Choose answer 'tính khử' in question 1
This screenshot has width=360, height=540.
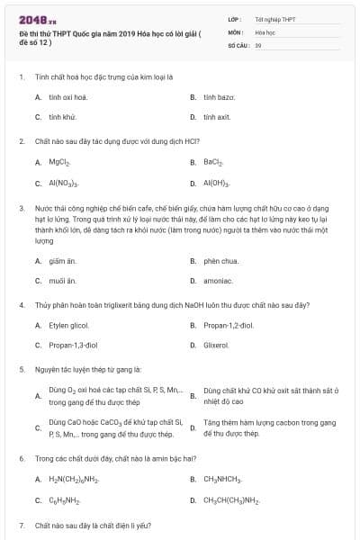[x=62, y=117]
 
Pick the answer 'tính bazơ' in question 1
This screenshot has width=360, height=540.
[x=219, y=95]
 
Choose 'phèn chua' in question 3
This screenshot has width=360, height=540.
[x=220, y=261]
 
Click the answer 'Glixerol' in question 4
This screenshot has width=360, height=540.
[x=216, y=345]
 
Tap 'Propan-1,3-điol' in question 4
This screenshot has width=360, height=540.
[x=73, y=345]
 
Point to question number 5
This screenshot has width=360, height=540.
[x=21, y=369]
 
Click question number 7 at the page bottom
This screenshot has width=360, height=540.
[x=21, y=524]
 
